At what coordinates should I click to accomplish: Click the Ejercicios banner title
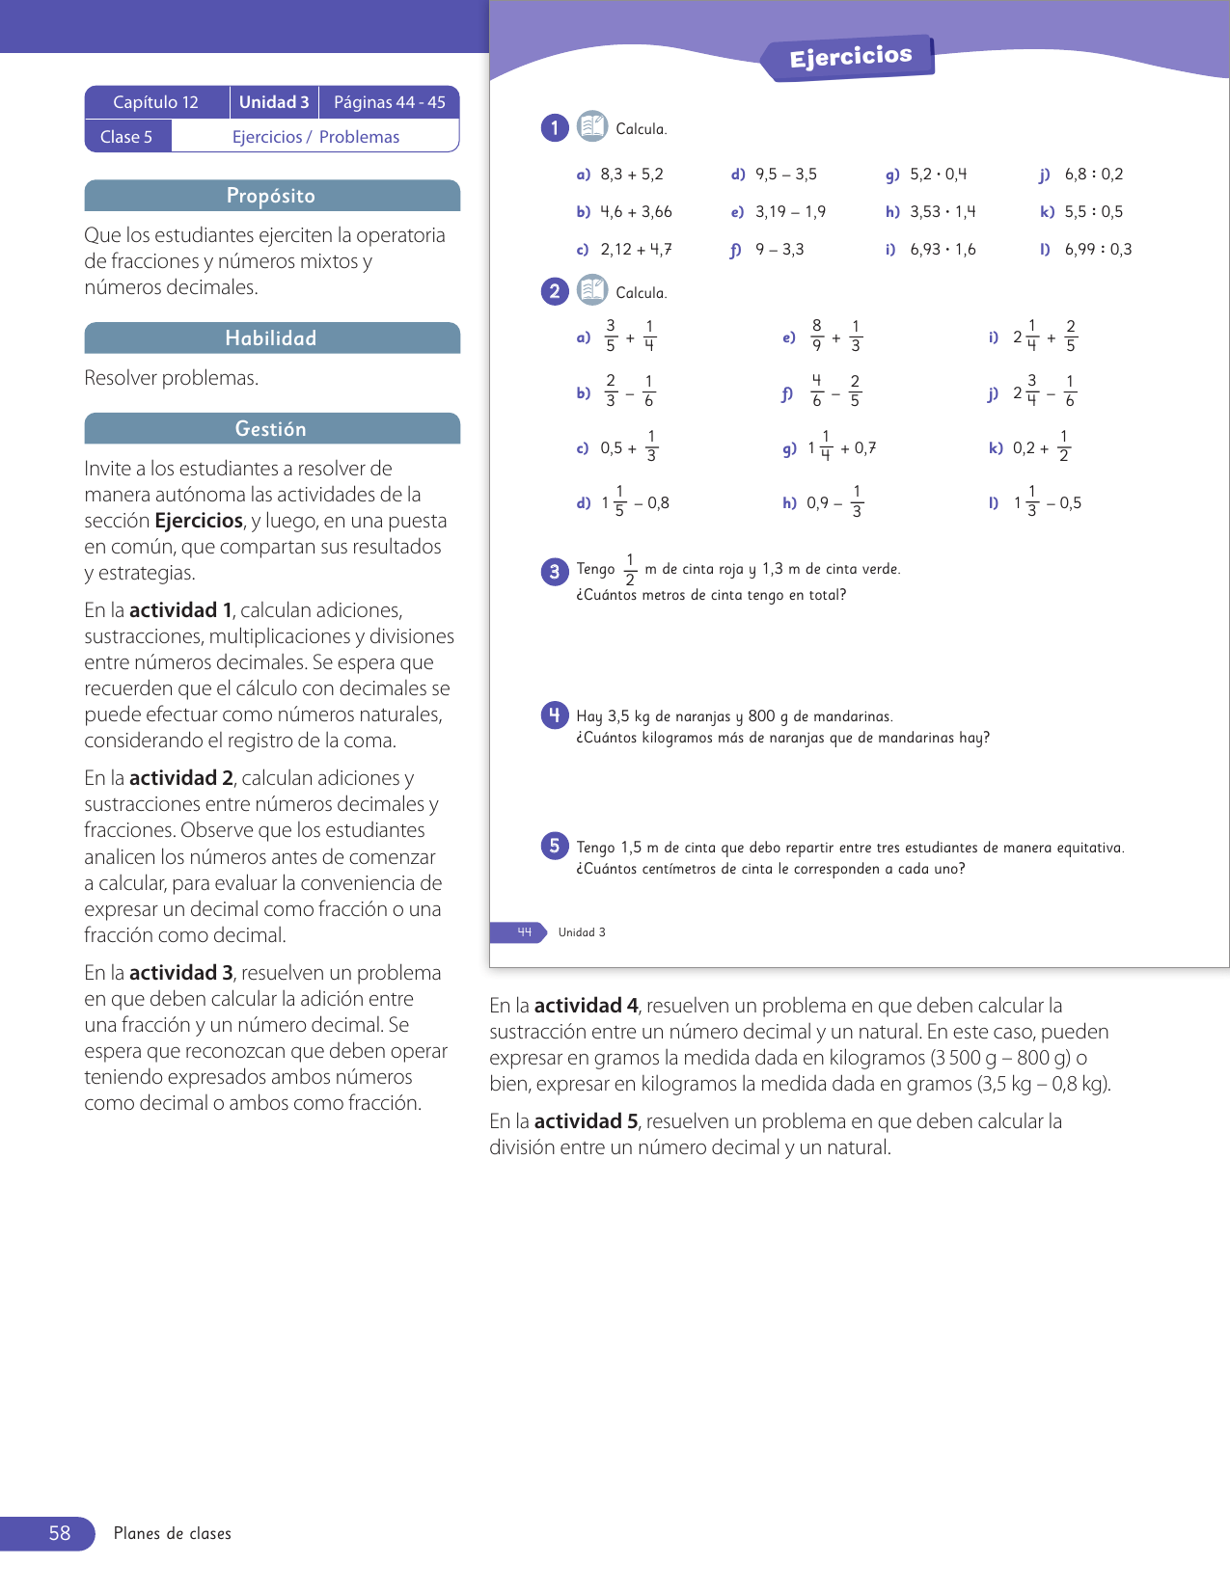[x=850, y=57]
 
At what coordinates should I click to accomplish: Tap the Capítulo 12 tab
[x=155, y=102]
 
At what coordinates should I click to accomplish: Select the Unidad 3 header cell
[x=274, y=102]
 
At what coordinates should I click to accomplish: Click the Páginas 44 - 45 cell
[x=389, y=102]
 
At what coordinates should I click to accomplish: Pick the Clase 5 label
[x=126, y=137]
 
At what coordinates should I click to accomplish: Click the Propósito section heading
[x=271, y=196]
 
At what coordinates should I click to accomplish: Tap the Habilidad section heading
[x=271, y=338]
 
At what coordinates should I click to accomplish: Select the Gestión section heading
[x=271, y=429]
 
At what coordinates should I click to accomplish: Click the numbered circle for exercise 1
[x=555, y=128]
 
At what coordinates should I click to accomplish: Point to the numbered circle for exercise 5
[x=555, y=846]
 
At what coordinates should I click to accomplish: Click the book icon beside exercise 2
[x=591, y=290]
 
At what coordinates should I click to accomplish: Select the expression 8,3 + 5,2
[x=632, y=175]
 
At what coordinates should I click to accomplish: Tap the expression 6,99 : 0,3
[x=1098, y=250]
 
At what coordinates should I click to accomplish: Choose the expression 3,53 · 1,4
[x=943, y=212]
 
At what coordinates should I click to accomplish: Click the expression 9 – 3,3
[x=779, y=250]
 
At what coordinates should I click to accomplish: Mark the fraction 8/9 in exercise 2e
[x=817, y=337]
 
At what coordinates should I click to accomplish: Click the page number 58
[x=59, y=1533]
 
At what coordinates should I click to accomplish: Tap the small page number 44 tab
[x=524, y=932]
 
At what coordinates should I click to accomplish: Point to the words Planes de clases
[x=173, y=1533]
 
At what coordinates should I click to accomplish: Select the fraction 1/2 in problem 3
[x=630, y=570]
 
